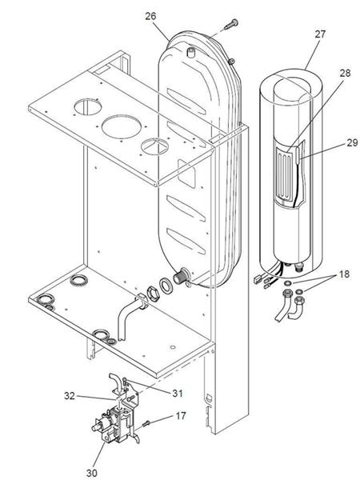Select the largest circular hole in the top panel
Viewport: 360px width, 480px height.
pyautogui.click(x=118, y=126)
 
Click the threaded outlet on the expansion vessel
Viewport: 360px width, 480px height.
pyautogui.click(x=185, y=275)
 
